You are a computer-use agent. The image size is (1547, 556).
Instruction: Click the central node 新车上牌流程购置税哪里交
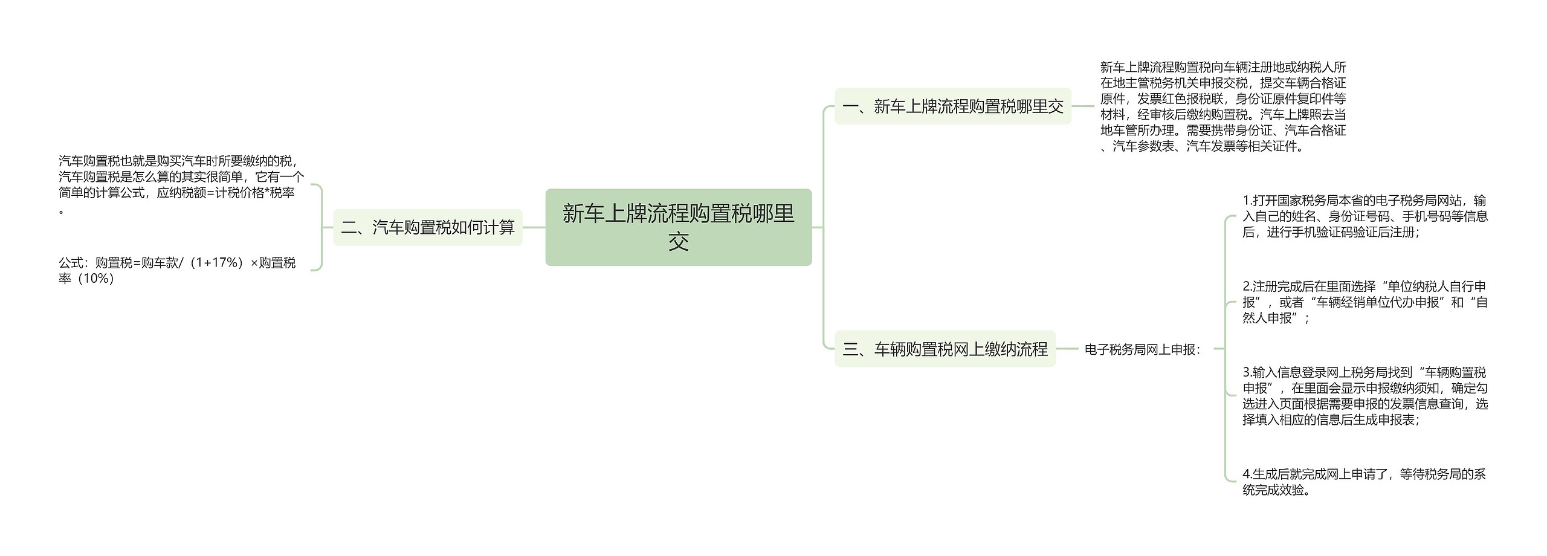(x=678, y=227)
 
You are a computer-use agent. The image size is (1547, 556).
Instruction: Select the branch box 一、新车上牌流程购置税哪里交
(x=952, y=106)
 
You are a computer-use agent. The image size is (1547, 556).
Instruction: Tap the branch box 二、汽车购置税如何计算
(x=428, y=227)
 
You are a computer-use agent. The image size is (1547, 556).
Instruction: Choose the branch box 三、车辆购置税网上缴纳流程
(x=945, y=349)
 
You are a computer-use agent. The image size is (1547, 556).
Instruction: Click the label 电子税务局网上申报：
(x=1142, y=349)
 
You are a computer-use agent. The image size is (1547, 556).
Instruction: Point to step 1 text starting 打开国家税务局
(x=1365, y=216)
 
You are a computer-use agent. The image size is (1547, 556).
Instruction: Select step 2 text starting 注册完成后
(x=1365, y=302)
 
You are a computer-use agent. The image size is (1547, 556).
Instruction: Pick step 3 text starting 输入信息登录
(x=1365, y=396)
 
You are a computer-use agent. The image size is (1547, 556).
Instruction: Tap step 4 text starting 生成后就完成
(x=1365, y=482)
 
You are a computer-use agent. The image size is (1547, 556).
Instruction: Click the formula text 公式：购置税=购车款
(x=177, y=270)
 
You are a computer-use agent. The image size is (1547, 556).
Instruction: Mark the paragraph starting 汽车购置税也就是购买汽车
(x=181, y=184)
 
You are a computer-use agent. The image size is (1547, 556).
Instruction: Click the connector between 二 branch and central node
(x=534, y=227)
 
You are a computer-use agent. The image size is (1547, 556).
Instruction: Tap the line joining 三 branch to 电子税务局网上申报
(x=1067, y=349)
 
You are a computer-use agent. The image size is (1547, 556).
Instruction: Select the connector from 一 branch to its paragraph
(x=1082, y=106)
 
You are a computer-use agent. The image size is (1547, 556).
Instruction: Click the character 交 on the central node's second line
(x=679, y=242)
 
